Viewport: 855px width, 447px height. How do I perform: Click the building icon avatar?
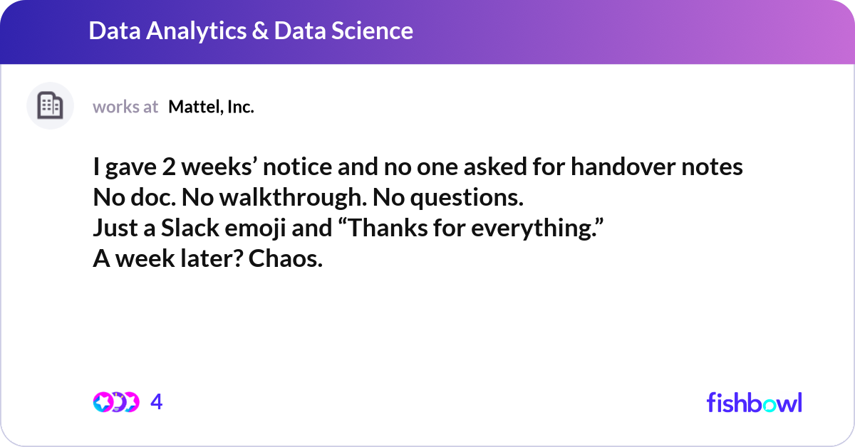[x=50, y=105]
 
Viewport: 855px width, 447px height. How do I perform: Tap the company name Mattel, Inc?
[x=211, y=107]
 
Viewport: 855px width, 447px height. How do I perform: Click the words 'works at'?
[x=125, y=107]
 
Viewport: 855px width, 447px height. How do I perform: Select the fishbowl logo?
[x=755, y=402]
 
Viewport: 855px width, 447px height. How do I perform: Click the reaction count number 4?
[x=157, y=401]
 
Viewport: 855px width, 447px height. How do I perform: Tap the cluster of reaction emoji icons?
[x=116, y=402]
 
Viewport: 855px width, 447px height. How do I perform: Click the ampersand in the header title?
[x=260, y=31]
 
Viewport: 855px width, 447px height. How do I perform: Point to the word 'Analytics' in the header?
[x=196, y=31]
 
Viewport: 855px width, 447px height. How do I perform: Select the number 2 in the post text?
[x=169, y=167]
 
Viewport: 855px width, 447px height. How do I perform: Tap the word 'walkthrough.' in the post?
[x=293, y=198]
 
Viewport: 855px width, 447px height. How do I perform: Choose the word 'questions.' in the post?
[x=467, y=199]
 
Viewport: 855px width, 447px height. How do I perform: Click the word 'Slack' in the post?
[x=190, y=228]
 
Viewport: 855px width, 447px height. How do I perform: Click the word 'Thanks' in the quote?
[x=383, y=228]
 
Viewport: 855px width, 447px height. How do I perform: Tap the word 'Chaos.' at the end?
[x=286, y=258]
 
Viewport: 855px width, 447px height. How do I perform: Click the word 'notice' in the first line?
[x=297, y=167]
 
